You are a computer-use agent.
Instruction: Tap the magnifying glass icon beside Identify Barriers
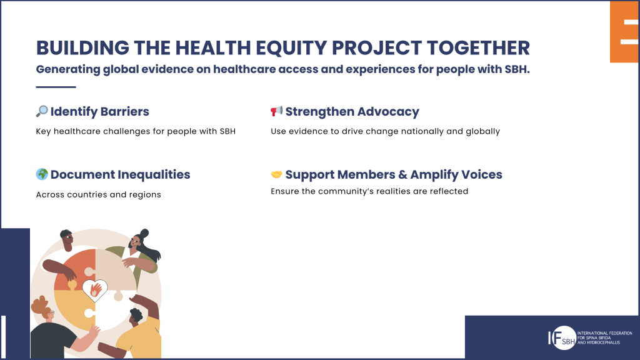coord(42,111)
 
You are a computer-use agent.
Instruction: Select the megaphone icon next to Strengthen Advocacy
coord(276,111)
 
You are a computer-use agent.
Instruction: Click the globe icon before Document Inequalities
coord(42,174)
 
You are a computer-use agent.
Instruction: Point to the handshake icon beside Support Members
coord(276,174)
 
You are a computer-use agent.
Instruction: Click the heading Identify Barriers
coord(99,112)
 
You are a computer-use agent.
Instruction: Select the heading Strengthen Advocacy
coord(352,112)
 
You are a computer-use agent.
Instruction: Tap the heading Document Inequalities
coord(120,174)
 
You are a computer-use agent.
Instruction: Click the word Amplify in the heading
coord(436,174)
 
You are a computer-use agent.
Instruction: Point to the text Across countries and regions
coord(98,194)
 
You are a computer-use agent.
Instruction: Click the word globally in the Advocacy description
coord(479,131)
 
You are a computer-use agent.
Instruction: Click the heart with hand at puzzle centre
coord(95,289)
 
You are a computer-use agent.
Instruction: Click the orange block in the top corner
coord(624,31)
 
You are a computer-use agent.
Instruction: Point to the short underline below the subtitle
coord(56,87)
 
